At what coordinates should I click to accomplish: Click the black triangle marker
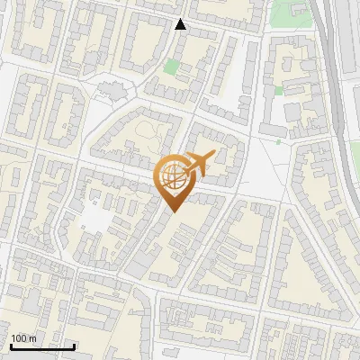pyautogui.click(x=181, y=24)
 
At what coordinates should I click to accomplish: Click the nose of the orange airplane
pyautogui.click(x=213, y=154)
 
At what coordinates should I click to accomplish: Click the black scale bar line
pyautogui.click(x=41, y=346)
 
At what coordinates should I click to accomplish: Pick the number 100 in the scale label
pyautogui.click(x=20, y=338)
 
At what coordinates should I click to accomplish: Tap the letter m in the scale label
pyautogui.click(x=33, y=338)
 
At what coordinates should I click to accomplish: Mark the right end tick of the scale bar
pyautogui.click(x=74, y=344)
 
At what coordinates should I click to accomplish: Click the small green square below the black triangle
pyautogui.click(x=172, y=67)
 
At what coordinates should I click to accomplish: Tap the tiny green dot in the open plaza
pyautogui.click(x=279, y=141)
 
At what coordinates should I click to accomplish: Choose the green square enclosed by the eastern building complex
pyautogui.click(x=278, y=90)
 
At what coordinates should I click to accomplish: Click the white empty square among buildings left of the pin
pyautogui.click(x=97, y=219)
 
